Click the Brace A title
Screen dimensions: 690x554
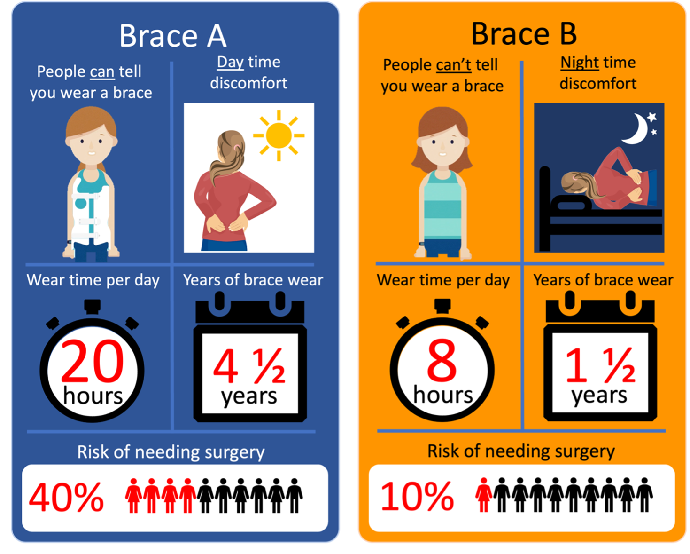point(173,36)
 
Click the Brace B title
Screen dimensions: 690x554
point(524,34)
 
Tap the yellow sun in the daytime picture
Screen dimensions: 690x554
point(279,135)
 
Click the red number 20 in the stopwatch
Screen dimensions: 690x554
point(93,361)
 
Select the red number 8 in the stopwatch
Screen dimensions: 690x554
point(442,360)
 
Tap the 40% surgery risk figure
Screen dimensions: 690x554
point(66,497)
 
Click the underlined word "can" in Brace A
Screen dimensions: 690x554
point(102,72)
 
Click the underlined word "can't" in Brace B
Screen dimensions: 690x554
point(453,65)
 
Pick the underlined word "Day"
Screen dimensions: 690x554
point(230,62)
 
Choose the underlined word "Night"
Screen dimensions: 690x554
point(580,63)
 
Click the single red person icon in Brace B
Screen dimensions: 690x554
point(483,495)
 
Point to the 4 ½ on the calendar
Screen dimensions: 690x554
point(249,366)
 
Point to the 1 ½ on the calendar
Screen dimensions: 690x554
point(600,365)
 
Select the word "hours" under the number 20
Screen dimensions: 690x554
point(93,396)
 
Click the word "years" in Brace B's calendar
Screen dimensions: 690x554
point(599,396)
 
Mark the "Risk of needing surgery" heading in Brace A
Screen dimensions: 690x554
point(171,452)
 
